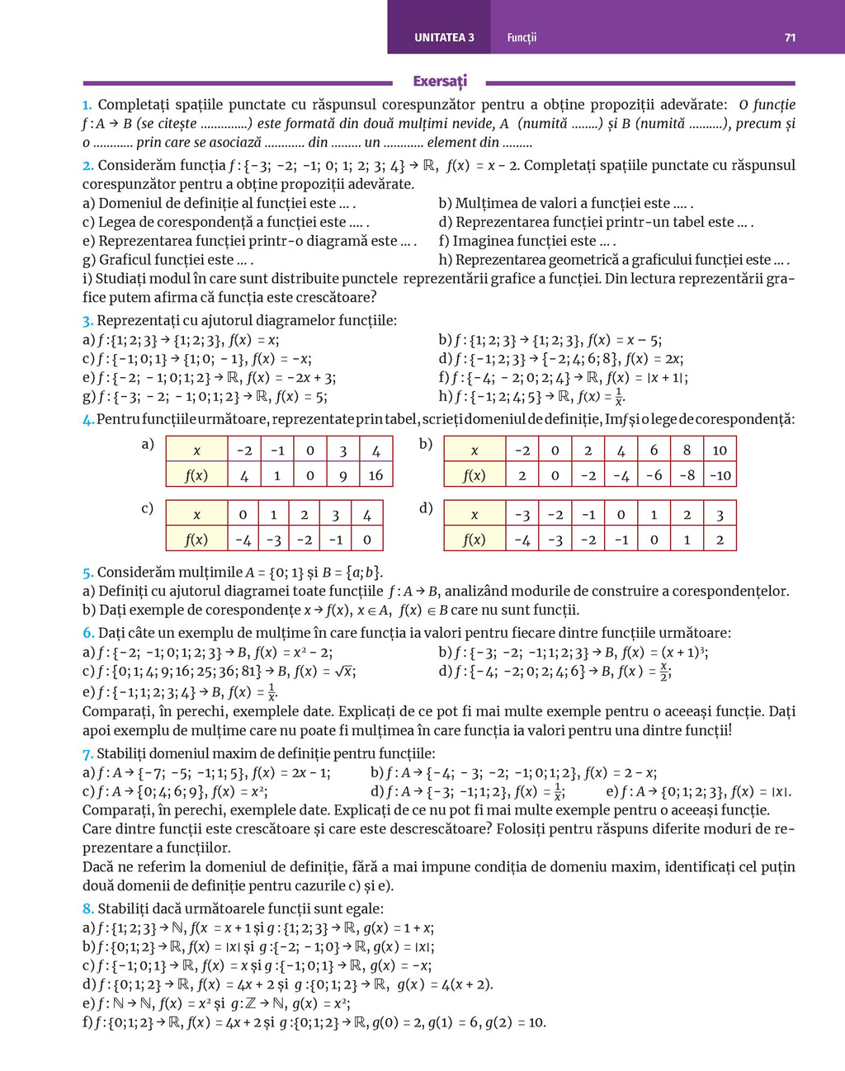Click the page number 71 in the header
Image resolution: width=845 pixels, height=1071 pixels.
790,38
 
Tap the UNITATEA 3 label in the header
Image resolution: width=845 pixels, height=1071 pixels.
444,38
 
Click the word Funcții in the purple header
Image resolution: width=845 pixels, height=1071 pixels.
522,38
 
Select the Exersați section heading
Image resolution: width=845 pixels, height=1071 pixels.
439,81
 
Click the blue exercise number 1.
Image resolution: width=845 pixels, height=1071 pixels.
87,106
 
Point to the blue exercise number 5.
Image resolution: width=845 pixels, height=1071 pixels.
87,573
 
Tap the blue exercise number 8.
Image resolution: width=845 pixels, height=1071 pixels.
87,909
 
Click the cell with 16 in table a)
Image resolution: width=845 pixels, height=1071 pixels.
375,475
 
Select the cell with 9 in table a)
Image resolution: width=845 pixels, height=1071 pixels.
342,475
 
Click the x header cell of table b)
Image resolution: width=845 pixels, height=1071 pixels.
474,451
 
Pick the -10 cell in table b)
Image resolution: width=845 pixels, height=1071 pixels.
720,475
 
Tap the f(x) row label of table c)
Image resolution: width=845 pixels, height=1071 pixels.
196,540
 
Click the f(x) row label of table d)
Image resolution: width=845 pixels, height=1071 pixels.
474,540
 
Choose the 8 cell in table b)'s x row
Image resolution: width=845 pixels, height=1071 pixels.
687,451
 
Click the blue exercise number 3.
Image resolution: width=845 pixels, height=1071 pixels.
87,321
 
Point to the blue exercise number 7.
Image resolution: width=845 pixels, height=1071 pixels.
87,754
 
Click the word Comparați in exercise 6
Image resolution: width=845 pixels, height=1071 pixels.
113,711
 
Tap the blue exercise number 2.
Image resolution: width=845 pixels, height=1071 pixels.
87,166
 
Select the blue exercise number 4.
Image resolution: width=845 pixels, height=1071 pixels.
87,420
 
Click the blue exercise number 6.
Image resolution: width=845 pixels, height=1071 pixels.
87,634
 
